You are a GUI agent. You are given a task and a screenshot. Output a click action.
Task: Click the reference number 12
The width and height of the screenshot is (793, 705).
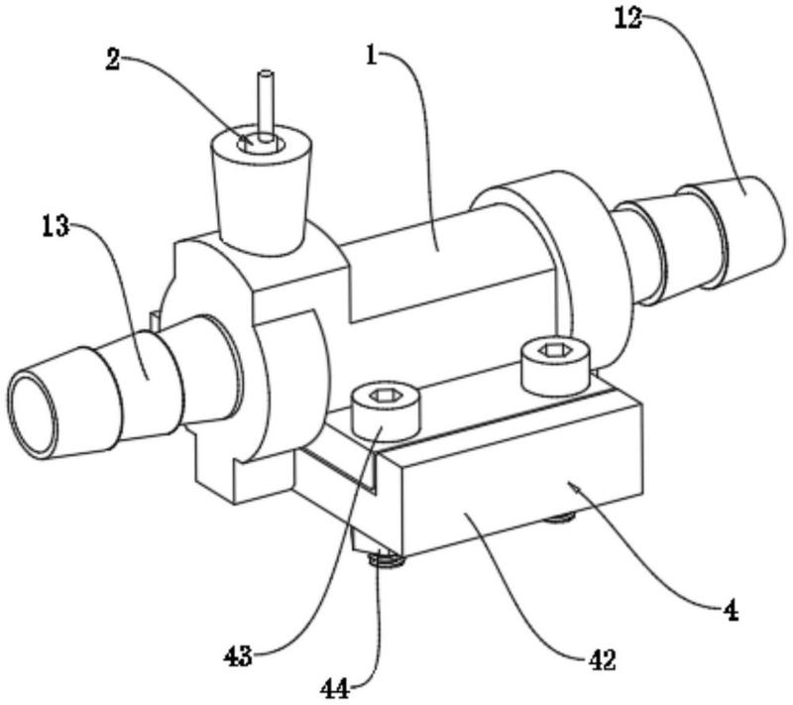click(x=627, y=19)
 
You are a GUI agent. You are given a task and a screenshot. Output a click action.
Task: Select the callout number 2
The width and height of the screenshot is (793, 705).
click(x=112, y=59)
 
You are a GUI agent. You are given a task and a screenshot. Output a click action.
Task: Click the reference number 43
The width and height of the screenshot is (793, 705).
click(x=238, y=656)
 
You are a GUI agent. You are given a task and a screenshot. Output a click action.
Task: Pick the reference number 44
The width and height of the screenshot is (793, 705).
click(x=335, y=688)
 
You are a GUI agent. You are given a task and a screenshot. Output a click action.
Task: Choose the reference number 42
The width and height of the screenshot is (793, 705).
click(x=602, y=660)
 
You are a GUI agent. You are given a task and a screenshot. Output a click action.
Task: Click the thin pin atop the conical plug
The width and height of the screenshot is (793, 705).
click(x=265, y=105)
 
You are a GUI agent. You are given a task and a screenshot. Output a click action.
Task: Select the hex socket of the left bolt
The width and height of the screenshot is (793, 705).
click(x=386, y=396)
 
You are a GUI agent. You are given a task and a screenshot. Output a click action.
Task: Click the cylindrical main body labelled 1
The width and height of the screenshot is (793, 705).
click(x=445, y=263)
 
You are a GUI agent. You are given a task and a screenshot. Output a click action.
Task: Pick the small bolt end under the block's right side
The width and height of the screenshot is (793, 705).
click(x=560, y=517)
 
